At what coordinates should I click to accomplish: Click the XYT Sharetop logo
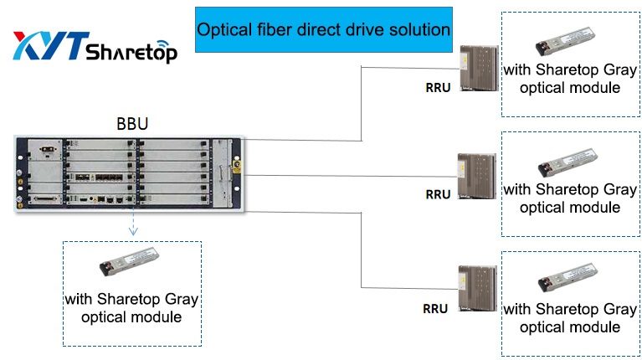(x=94, y=48)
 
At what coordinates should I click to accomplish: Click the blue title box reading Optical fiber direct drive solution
(x=323, y=29)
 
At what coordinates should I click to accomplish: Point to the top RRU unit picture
(x=475, y=69)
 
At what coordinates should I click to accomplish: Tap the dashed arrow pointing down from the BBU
(x=131, y=224)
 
